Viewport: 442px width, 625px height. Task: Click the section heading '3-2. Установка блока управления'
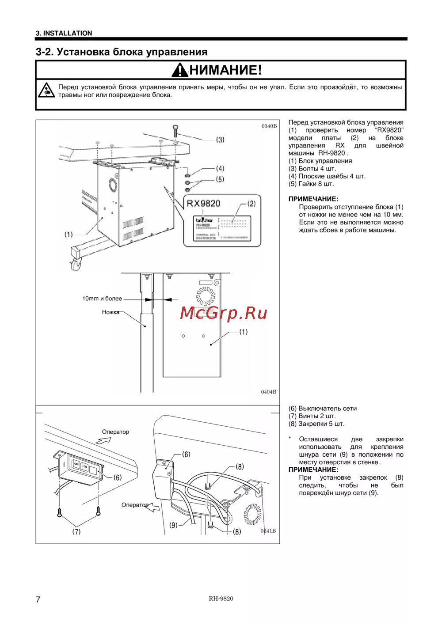point(122,52)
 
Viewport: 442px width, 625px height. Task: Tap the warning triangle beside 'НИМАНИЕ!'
point(180,70)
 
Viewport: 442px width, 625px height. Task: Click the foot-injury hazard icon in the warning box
point(46,90)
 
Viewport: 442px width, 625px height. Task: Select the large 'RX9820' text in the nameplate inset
point(203,204)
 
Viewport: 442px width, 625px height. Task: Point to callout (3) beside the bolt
point(220,140)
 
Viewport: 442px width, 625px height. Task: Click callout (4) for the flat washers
point(220,168)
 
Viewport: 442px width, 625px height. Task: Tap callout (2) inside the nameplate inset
point(251,204)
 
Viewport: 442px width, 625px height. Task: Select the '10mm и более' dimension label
point(102,299)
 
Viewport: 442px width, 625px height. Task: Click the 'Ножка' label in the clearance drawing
point(110,312)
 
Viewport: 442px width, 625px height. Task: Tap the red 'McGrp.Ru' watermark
point(224,313)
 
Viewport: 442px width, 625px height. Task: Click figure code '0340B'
point(269,126)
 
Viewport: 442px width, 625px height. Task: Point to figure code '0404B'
point(269,392)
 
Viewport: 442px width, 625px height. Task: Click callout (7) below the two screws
point(76,532)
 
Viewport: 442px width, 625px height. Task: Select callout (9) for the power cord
point(173,525)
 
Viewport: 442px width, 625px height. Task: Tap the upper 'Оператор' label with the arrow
point(115,432)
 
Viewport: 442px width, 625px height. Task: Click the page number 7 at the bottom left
point(38,599)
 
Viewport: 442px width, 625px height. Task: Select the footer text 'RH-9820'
point(221,599)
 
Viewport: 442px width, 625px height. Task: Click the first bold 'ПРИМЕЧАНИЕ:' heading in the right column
point(313,199)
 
